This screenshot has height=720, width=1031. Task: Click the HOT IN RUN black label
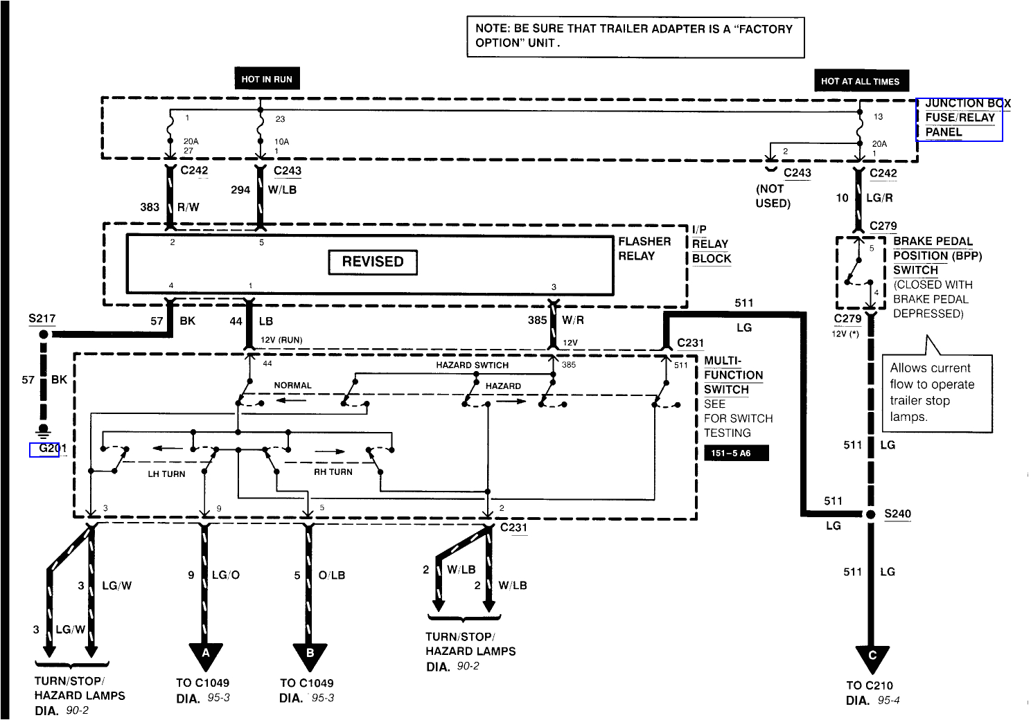[x=267, y=79]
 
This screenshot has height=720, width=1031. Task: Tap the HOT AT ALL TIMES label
[x=860, y=81]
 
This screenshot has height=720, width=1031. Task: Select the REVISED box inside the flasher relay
[x=373, y=262]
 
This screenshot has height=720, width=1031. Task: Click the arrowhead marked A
[x=205, y=655]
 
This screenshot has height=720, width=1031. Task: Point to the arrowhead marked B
[x=310, y=655]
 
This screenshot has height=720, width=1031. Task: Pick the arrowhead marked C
[x=872, y=657]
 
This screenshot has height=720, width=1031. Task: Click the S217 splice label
[x=42, y=318]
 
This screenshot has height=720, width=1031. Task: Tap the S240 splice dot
[x=870, y=514]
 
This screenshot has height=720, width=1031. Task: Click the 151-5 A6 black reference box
[x=736, y=453]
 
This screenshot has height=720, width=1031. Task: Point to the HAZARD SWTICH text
[x=472, y=365]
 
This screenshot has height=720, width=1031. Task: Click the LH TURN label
[x=166, y=474]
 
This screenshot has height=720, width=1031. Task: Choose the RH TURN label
[x=333, y=472]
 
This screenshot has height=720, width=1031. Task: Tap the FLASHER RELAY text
[x=644, y=249]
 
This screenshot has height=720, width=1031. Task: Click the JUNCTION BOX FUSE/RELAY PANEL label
[x=960, y=118]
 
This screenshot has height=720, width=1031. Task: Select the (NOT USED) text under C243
[x=773, y=196]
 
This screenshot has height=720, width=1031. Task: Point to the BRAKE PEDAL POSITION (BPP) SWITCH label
[x=936, y=255]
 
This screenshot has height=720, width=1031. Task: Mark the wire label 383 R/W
[x=170, y=207]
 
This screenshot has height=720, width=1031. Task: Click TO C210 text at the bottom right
[x=870, y=685]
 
